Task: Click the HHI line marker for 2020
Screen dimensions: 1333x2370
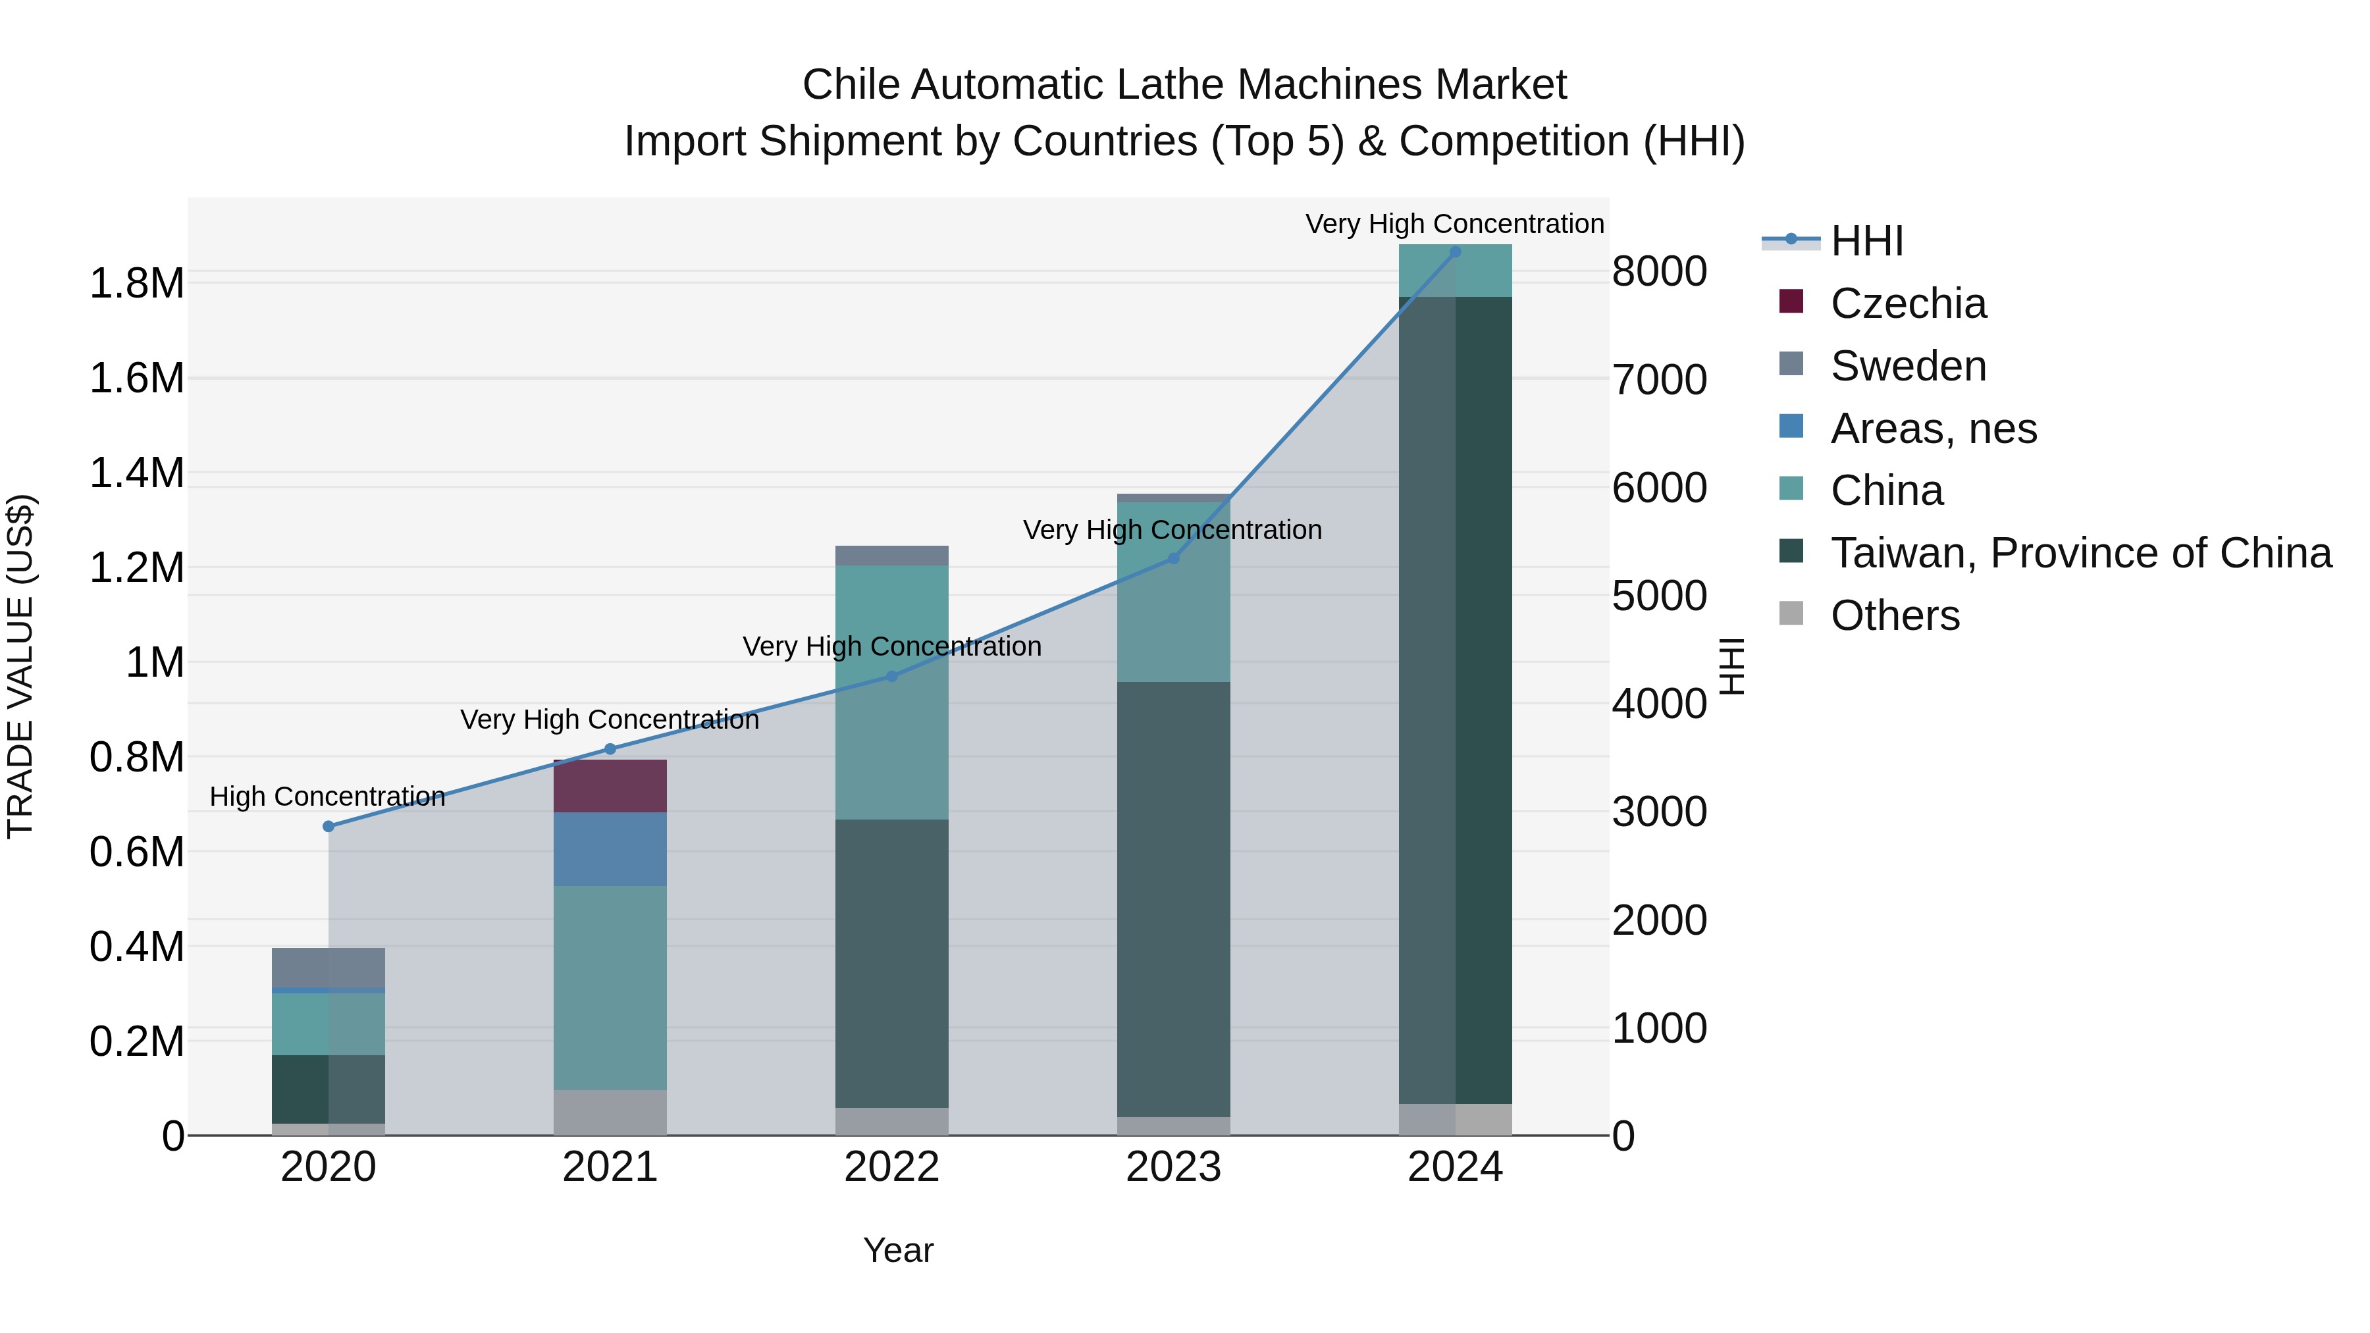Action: (x=329, y=826)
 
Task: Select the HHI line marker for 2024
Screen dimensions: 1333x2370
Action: (x=1454, y=251)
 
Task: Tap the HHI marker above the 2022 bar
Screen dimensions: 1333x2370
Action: (x=891, y=676)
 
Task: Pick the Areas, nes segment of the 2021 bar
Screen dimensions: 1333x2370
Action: (x=610, y=849)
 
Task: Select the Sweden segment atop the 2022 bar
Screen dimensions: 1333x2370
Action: (x=891, y=555)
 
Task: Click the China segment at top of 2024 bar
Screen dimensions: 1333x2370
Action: (x=1454, y=271)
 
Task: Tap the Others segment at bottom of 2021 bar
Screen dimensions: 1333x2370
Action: (x=610, y=1112)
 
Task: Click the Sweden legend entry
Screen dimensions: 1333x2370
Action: (x=1907, y=366)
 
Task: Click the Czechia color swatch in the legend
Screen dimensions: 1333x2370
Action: (x=1791, y=301)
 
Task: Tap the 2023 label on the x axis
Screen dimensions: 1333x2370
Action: (x=1173, y=1167)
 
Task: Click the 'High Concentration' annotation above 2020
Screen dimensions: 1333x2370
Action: (x=328, y=796)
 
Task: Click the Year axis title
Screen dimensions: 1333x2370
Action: (x=898, y=1250)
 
